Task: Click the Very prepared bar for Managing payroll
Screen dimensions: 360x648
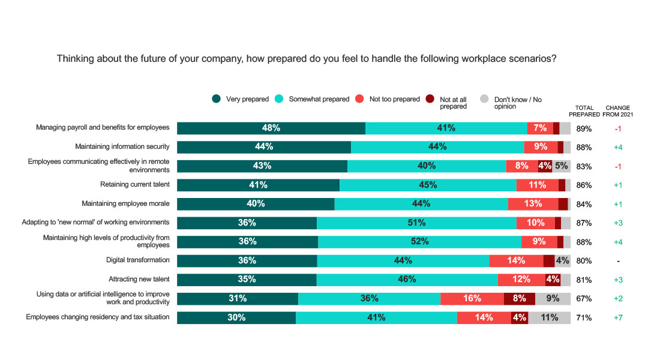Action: (271, 128)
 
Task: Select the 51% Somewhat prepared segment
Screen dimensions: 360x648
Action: (416, 223)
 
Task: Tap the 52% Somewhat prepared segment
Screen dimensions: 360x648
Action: (419, 242)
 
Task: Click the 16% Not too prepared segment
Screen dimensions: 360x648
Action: (472, 299)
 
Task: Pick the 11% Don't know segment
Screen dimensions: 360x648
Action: (549, 318)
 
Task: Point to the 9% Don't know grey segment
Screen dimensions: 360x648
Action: (553, 299)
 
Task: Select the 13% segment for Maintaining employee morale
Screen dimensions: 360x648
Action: (533, 204)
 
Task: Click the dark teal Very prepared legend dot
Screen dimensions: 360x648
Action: (217, 99)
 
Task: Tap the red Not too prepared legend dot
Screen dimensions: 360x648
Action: (360, 99)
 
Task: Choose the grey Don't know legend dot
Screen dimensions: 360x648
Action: (484, 99)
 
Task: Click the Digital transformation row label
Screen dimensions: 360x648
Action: (137, 260)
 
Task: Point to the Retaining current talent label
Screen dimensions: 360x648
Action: (134, 185)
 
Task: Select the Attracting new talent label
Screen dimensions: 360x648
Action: (139, 280)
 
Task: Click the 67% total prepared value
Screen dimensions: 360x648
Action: (584, 299)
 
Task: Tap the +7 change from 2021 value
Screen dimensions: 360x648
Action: (618, 318)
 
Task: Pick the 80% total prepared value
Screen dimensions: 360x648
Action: (584, 261)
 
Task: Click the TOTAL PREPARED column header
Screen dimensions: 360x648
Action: (584, 111)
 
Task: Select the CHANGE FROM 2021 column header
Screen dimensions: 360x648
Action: (618, 111)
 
